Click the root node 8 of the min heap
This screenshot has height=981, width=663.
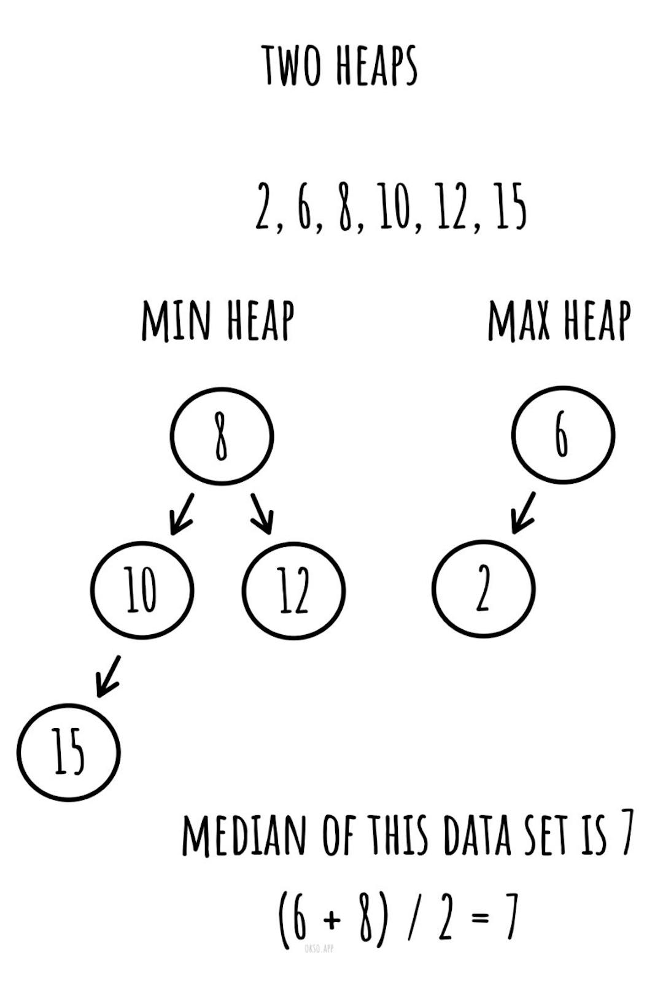point(222,436)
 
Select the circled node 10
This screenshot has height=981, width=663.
point(142,590)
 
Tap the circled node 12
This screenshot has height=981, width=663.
point(293,590)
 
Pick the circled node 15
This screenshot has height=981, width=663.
point(69,752)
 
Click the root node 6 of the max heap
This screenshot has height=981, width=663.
point(562,435)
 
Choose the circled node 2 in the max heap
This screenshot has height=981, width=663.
point(483,589)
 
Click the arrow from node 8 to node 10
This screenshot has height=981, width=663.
point(182,514)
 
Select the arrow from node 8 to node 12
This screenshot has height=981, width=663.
point(262,513)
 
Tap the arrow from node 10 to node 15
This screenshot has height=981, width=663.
point(109,676)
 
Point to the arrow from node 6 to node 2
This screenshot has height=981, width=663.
point(524,512)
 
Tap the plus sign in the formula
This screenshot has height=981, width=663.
point(332,919)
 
